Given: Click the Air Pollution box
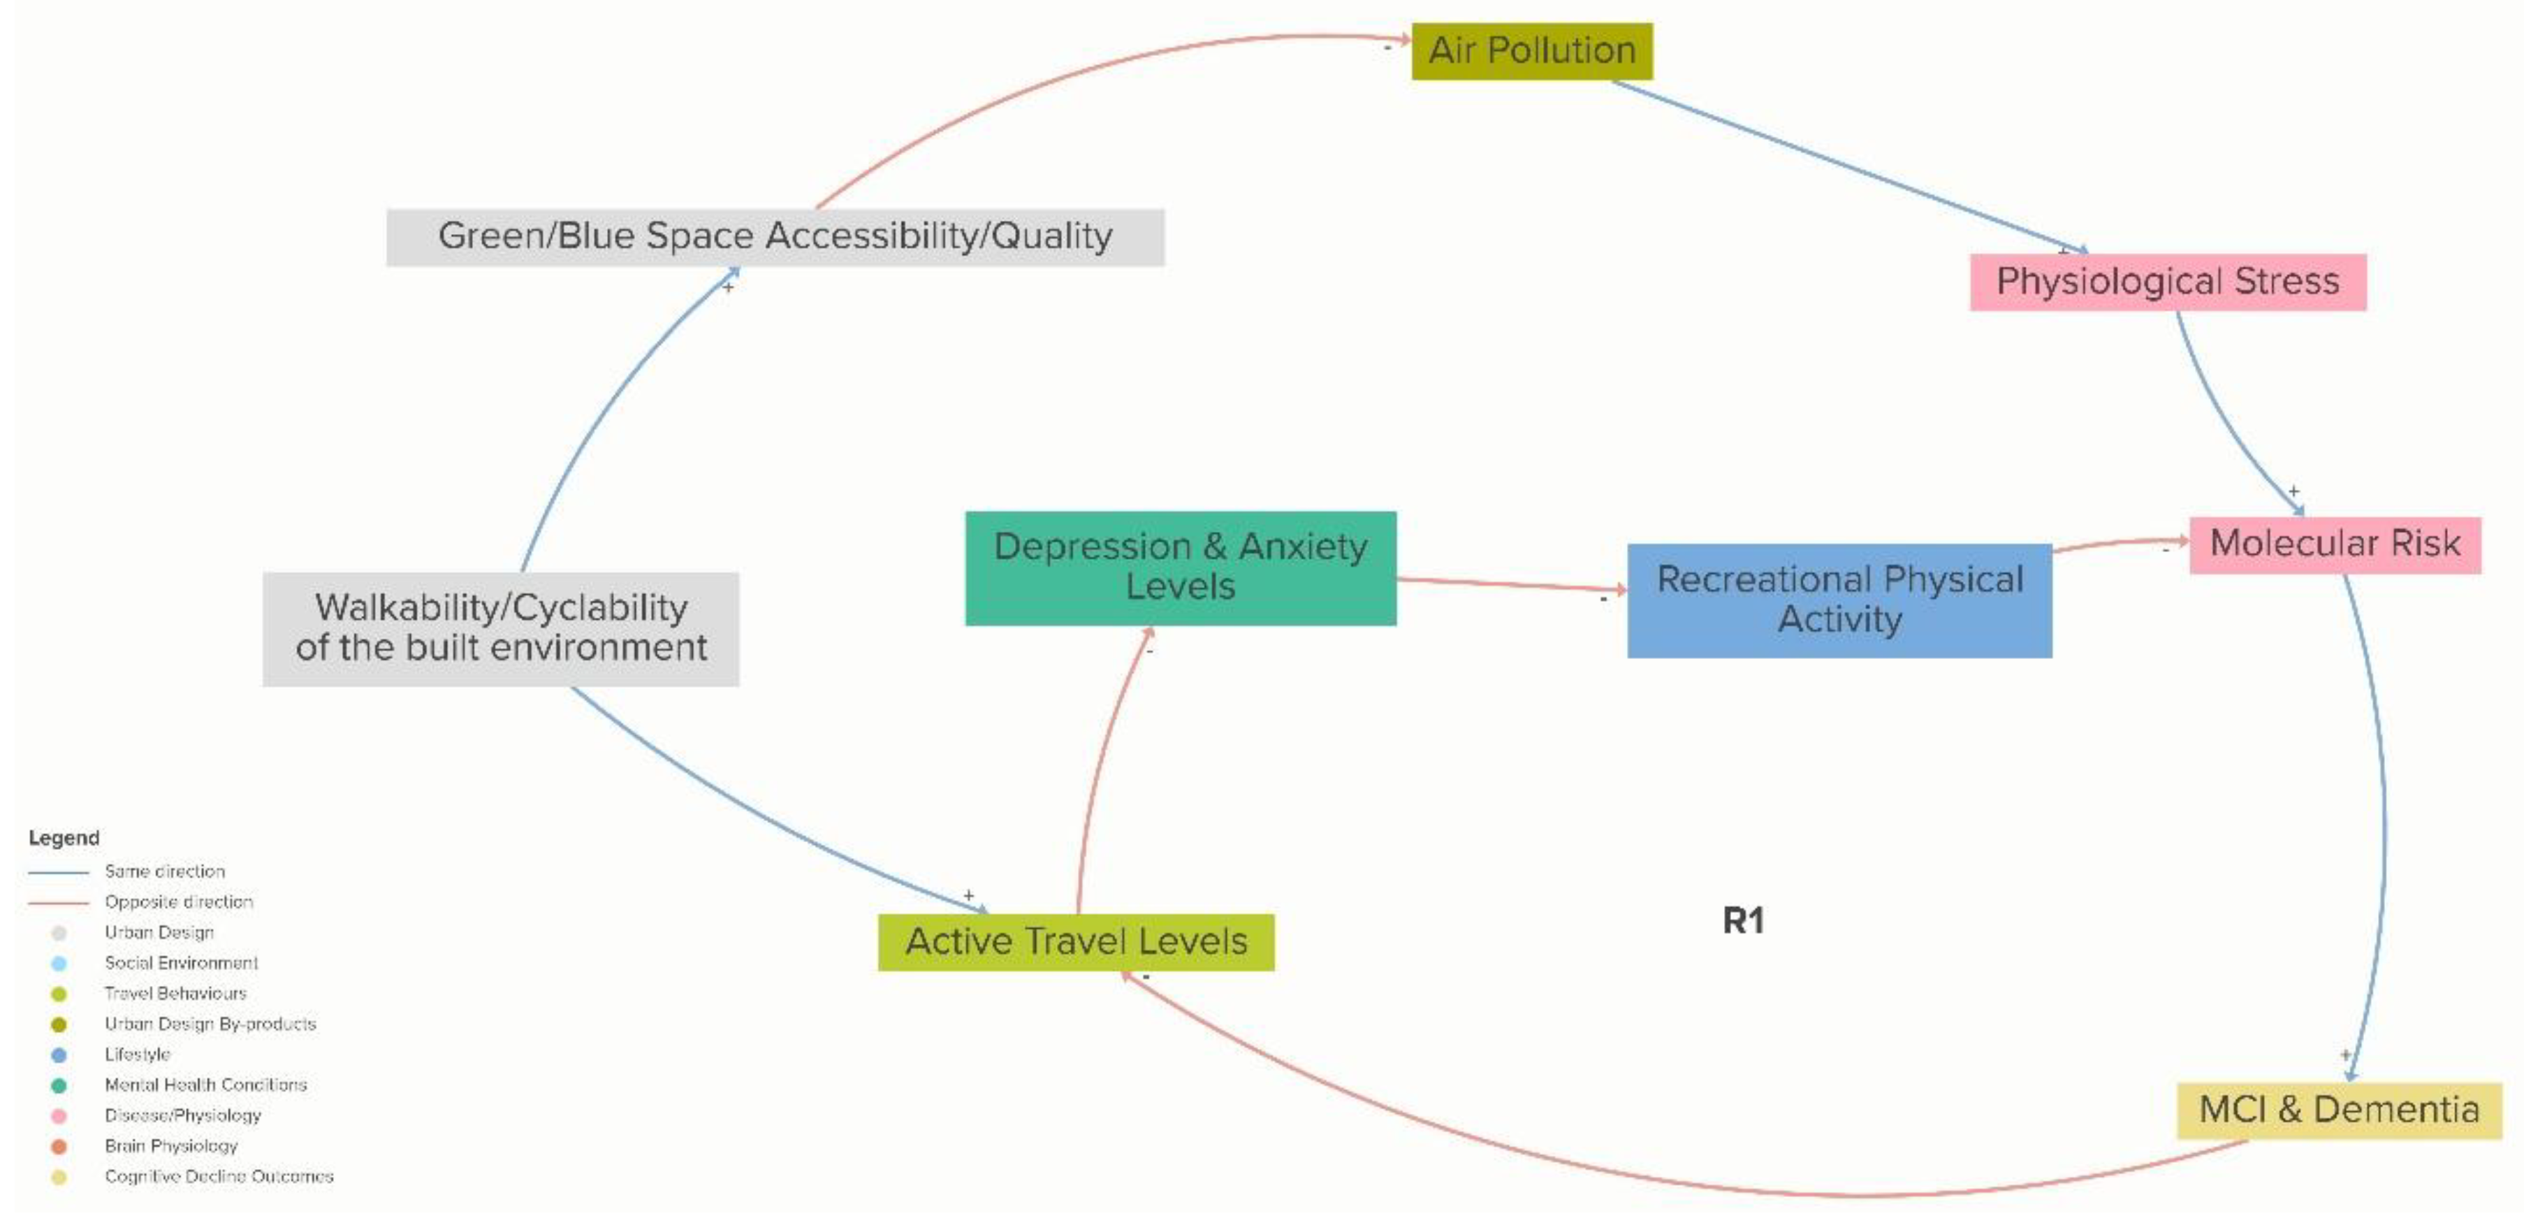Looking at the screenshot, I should pos(1531,51).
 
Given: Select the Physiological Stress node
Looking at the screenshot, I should pos(2167,282).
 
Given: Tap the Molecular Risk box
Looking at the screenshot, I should pos(2334,544).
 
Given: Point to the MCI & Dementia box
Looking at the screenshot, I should pos(2338,1110).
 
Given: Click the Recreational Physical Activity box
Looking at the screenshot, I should pos(1839,600).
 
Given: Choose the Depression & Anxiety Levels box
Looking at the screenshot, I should pos(1180,567).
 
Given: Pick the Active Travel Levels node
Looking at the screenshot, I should pos(1076,942).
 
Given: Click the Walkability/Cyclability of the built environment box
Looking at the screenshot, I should pos(501,628).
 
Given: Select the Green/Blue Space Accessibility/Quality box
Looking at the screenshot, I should pos(775,237).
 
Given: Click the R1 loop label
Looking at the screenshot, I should pos(1743,920).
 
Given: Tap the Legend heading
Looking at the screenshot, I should pos(64,838).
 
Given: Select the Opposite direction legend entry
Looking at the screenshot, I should pos(178,901).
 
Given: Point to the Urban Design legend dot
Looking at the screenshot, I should pos(59,933).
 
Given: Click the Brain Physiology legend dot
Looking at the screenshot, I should pos(59,1147).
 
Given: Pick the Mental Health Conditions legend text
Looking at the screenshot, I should pos(206,1085).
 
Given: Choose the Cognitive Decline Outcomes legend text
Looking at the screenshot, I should pos(219,1176).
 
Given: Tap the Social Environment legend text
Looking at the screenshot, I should pos(181,964).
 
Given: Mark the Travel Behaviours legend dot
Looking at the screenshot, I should pos(59,994).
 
